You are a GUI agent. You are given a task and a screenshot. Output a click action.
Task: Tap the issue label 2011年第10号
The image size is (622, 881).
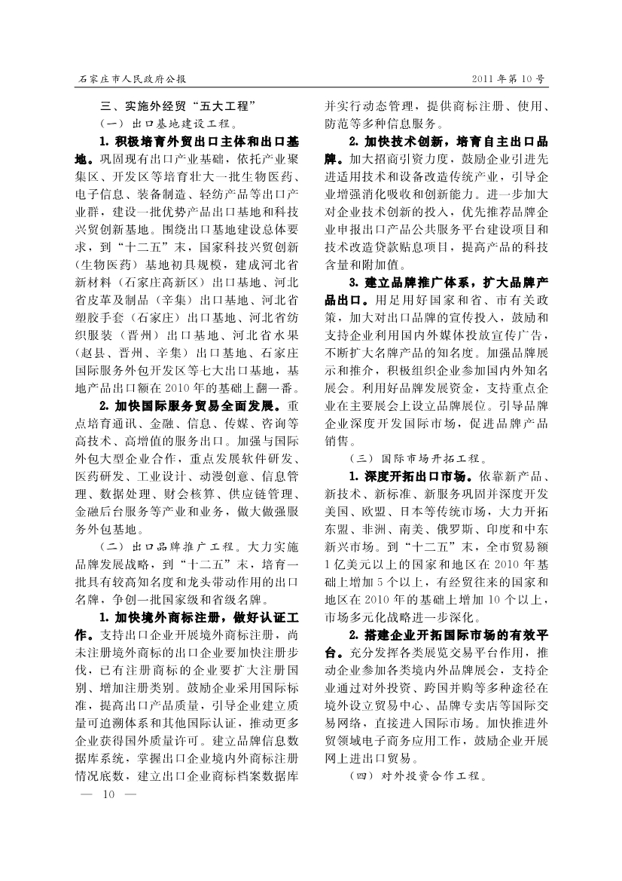(x=507, y=78)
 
